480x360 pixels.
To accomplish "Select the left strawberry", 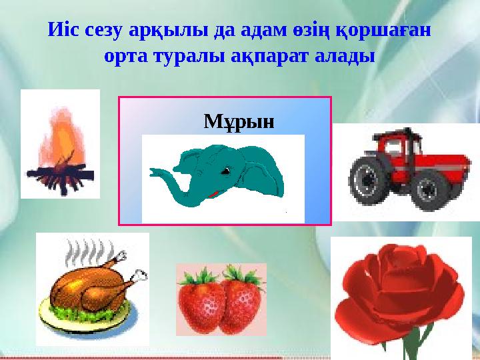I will [x=201, y=301].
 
